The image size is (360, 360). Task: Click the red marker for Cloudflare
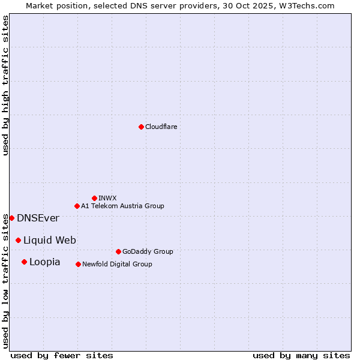141,127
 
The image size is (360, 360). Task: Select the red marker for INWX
94,198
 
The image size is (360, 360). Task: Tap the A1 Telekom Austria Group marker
77,206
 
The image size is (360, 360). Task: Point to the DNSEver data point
11,218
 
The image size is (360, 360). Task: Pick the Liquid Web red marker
18,240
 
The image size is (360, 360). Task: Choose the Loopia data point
24,262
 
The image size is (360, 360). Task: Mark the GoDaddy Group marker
118,251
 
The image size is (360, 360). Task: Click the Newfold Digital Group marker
78,264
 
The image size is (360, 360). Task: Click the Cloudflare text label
161,127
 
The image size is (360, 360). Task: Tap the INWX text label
107,198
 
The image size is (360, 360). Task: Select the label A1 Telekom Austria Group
122,206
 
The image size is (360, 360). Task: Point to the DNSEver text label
38,218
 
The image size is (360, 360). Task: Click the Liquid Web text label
50,240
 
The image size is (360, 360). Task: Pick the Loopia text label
45,262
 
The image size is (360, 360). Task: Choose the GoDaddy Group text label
148,251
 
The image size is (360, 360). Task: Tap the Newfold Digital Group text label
117,264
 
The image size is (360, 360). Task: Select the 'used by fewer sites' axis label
62,355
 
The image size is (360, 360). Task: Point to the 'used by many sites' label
301,355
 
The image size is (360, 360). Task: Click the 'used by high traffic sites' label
5,85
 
